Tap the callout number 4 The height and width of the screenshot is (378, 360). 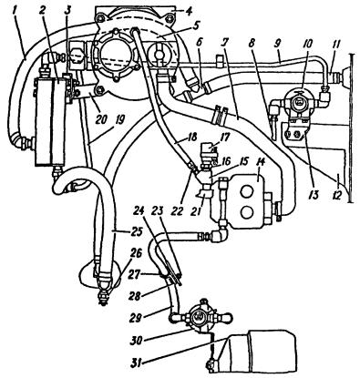point(190,12)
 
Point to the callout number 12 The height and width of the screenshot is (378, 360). point(339,190)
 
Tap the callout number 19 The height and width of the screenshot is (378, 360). point(118,120)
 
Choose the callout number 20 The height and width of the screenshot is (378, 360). point(101,119)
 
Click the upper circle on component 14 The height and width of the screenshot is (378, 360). point(246,191)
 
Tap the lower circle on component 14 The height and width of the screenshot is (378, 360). point(246,212)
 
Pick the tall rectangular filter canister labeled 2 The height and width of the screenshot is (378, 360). point(51,121)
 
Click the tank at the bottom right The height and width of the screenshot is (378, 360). point(257,353)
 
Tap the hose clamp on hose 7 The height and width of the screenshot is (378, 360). point(221,114)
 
